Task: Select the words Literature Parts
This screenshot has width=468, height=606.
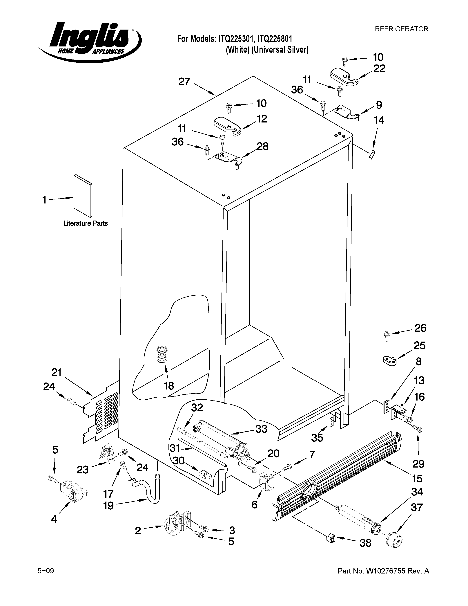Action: click(x=85, y=223)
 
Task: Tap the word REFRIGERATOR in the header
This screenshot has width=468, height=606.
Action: click(x=401, y=29)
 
